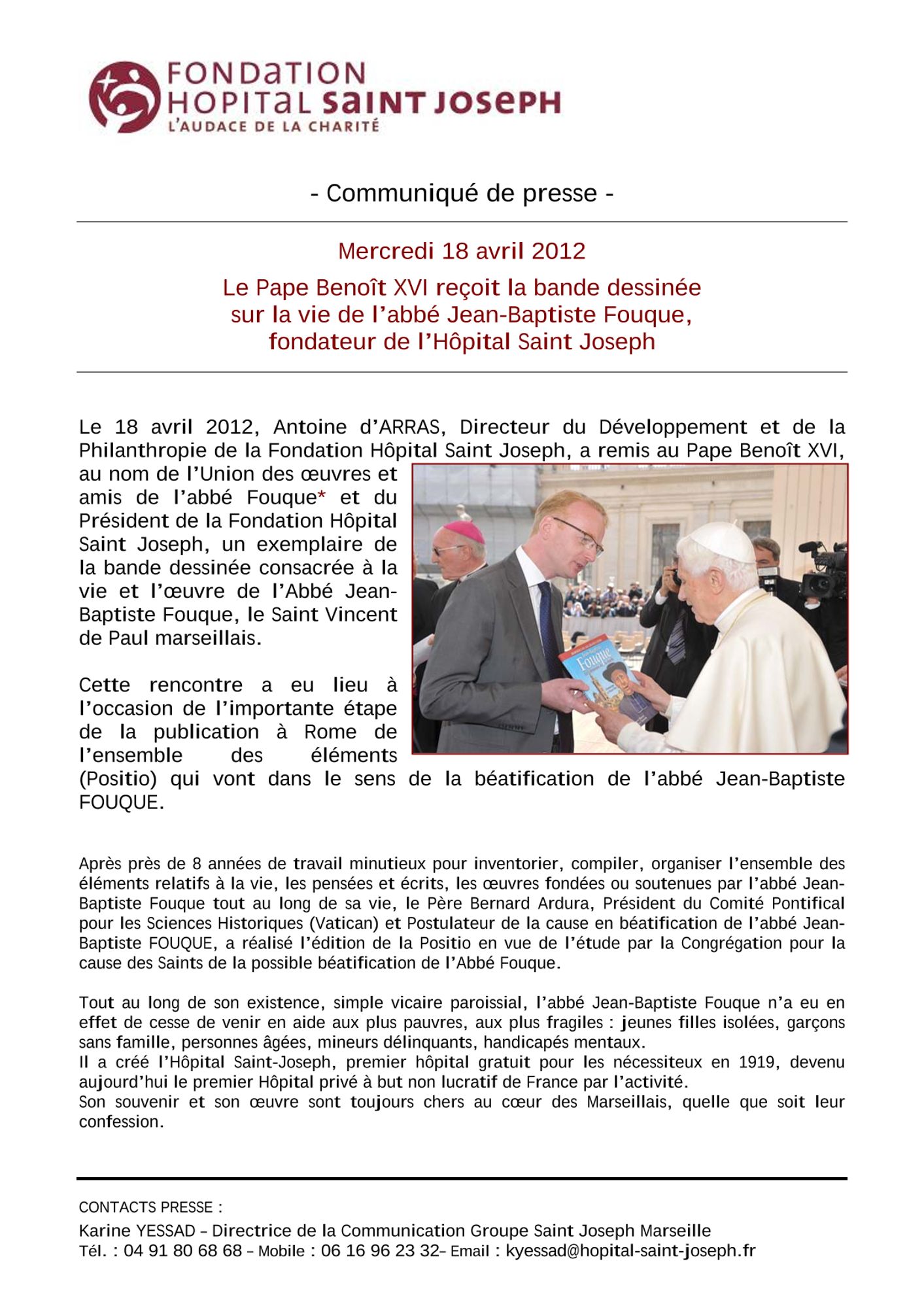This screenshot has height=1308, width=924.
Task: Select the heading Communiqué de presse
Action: (462, 194)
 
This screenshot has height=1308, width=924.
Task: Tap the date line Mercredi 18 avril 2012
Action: (462, 251)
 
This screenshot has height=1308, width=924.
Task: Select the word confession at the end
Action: (119, 1122)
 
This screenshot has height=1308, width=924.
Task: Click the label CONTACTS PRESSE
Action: (150, 1207)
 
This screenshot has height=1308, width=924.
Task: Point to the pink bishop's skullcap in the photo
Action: (464, 532)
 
